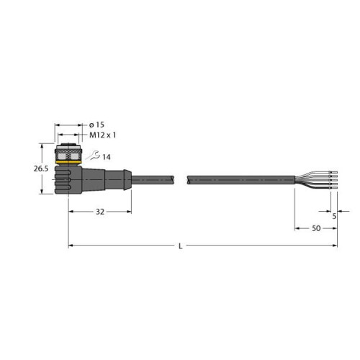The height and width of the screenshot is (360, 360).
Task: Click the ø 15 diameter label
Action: click(x=103, y=125)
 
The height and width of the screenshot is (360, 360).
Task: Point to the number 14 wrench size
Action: click(x=106, y=157)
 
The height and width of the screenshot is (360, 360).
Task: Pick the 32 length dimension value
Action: click(x=100, y=212)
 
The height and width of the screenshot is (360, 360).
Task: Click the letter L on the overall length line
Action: click(x=180, y=247)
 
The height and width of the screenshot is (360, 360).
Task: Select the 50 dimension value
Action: click(x=315, y=228)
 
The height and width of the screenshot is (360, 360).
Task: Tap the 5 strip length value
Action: click(x=335, y=214)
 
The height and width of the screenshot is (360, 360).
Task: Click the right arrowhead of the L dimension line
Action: click(x=334, y=246)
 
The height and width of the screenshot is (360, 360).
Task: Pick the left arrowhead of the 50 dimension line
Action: click(x=297, y=228)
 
